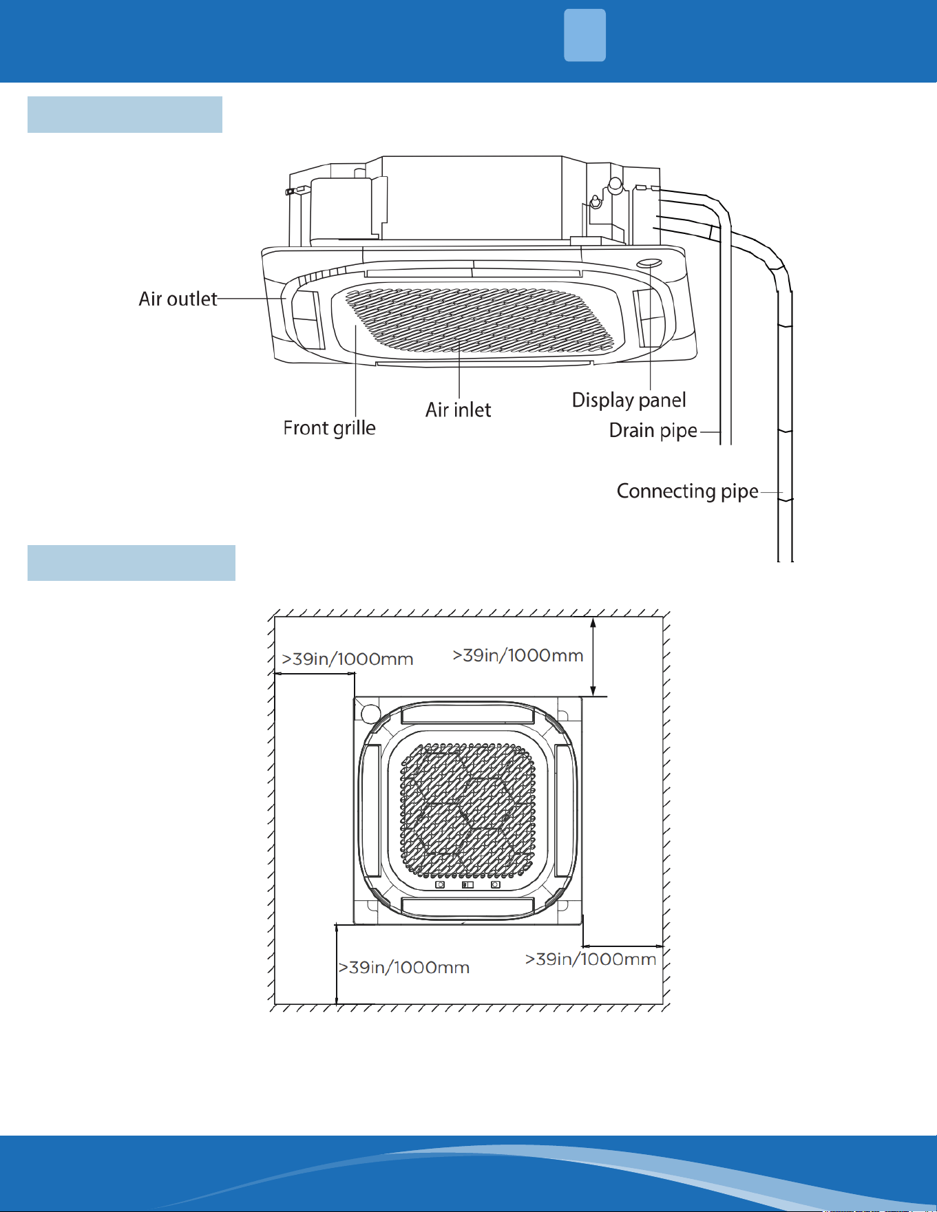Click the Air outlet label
tap(178, 299)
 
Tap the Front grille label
tap(329, 428)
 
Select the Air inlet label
tap(458, 410)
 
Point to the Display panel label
tap(629, 400)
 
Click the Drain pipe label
tap(653, 431)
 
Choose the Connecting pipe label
tap(687, 491)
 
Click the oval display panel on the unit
tap(649, 264)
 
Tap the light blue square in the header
tap(585, 35)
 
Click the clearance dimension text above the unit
tap(518, 655)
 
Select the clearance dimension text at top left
tap(348, 659)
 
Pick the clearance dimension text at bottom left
tap(404, 968)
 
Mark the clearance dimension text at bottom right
tap(591, 959)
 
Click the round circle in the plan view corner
tap(370, 712)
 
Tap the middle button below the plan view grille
tap(467, 884)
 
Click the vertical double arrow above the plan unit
tap(593, 657)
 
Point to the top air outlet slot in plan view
tap(467, 714)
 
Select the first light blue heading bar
tap(125, 114)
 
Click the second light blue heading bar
tap(131, 563)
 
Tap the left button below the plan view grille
tap(441, 884)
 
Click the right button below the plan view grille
tap(495, 884)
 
